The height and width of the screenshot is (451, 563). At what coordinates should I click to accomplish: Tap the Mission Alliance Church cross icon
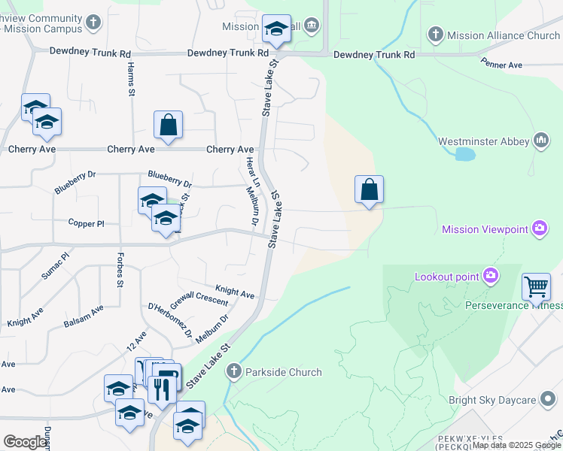click(x=435, y=35)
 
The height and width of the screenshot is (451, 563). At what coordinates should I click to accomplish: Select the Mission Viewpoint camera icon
click(x=539, y=229)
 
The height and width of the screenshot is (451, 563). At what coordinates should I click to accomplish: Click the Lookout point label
click(x=447, y=277)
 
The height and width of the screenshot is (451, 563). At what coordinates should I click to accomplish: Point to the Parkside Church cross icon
click(x=234, y=371)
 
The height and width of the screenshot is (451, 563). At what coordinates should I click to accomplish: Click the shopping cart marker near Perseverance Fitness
click(x=536, y=286)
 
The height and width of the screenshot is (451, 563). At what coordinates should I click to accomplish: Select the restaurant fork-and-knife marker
click(x=162, y=389)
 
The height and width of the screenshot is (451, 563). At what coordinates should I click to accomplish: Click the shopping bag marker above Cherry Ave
click(x=169, y=125)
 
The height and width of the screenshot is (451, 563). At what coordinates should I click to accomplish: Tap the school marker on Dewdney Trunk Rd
click(x=276, y=30)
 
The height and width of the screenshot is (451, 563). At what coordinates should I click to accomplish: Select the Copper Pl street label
click(x=87, y=223)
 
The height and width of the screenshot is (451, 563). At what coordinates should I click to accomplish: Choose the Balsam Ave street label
click(x=84, y=315)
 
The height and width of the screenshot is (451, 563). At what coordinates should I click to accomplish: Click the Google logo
click(x=26, y=442)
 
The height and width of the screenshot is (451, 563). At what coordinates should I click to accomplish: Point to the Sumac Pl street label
click(x=54, y=266)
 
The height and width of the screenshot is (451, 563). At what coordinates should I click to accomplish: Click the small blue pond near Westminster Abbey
click(x=465, y=155)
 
